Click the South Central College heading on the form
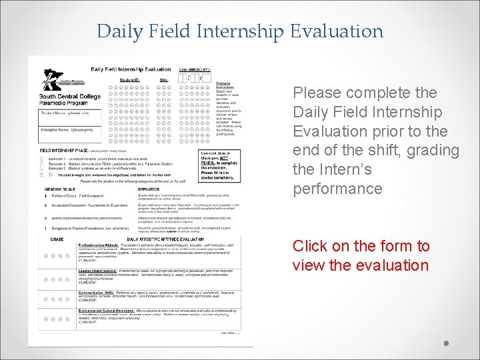[70, 97]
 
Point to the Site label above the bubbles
[164, 80]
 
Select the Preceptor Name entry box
[71, 132]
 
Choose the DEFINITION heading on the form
[149, 189]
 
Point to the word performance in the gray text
[338, 189]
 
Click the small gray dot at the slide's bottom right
[447, 344]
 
